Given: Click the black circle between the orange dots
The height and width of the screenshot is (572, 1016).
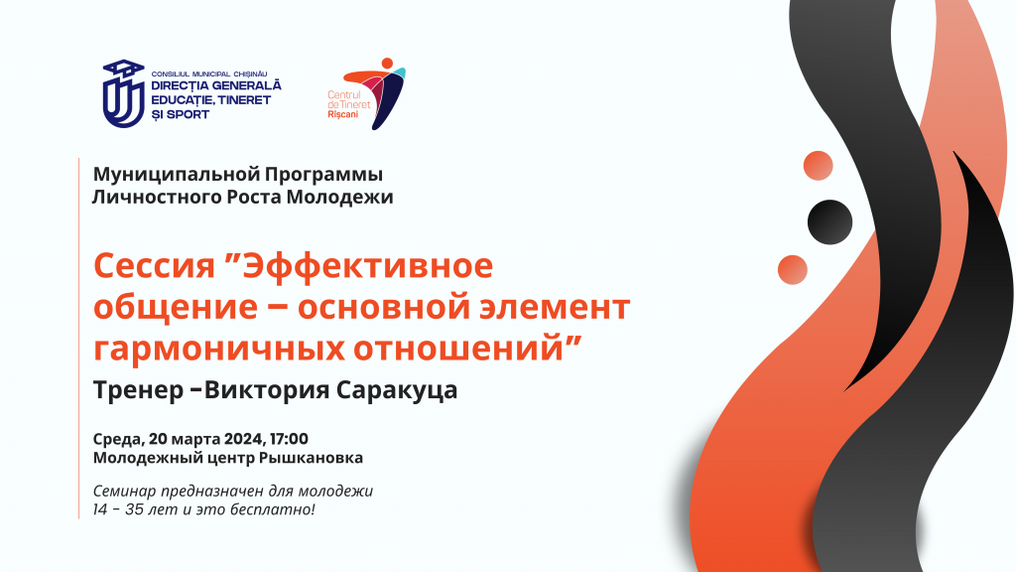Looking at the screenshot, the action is coord(830,221).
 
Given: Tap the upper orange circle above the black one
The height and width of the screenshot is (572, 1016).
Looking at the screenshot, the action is coord(819,166).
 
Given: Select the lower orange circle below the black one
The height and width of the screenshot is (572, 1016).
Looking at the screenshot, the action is coord(793,270).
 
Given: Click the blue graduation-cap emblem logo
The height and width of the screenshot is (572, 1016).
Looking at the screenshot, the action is coord(124,94).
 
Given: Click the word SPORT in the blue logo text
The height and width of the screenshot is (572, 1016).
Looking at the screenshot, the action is coord(188,114).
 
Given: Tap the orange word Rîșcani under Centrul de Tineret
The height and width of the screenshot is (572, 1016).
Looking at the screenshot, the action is coord(342,114).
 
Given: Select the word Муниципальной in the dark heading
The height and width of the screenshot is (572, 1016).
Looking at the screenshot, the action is coord(176,175).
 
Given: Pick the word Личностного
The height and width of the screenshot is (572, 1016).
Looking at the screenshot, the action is coord(157,197).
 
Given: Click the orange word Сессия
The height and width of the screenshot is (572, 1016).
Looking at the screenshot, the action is coord(154,266).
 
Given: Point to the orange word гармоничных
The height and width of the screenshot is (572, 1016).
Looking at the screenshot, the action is coord(219,349).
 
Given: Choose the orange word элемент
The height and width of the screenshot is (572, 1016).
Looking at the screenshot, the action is coord(554,307).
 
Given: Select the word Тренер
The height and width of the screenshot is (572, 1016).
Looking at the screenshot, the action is coord(139,389).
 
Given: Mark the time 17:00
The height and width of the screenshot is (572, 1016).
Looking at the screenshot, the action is coord(289,439).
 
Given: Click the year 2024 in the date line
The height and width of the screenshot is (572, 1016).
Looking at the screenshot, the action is coord(244,439).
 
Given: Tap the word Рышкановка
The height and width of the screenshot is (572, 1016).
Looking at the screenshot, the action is coord(311,458).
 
